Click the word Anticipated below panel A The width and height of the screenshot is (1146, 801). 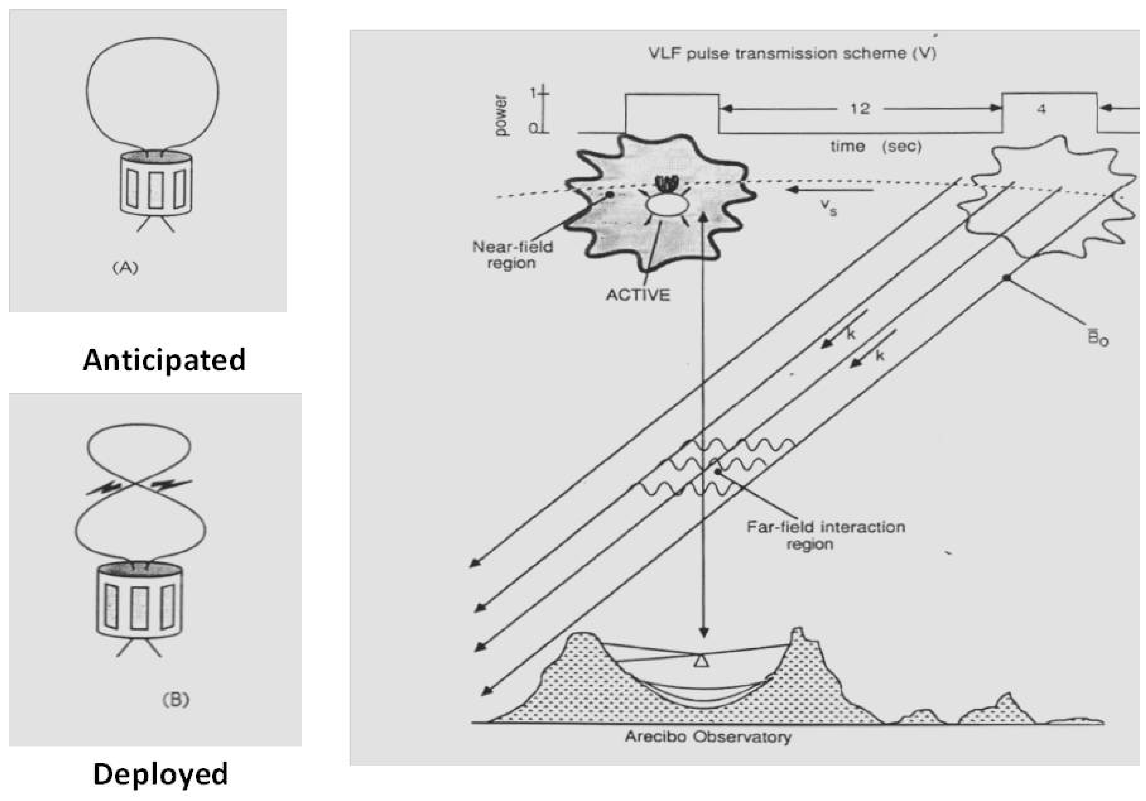pyautogui.click(x=164, y=360)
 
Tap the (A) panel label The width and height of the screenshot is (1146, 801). pyautogui.click(x=125, y=268)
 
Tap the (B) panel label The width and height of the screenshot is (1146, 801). pyautogui.click(x=176, y=700)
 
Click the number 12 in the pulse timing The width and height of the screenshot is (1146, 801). pyautogui.click(x=859, y=108)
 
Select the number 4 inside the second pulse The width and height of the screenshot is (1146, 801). pyautogui.click(x=1041, y=109)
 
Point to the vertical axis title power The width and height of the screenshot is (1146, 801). pyautogui.click(x=500, y=115)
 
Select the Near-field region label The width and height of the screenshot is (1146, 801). pyautogui.click(x=512, y=255)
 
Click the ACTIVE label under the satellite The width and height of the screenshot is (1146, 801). pyautogui.click(x=638, y=295)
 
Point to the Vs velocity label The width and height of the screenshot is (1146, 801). pyautogui.click(x=828, y=207)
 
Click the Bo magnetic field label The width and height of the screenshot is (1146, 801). pyautogui.click(x=1098, y=339)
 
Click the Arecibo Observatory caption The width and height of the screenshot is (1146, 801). pyautogui.click(x=708, y=736)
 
